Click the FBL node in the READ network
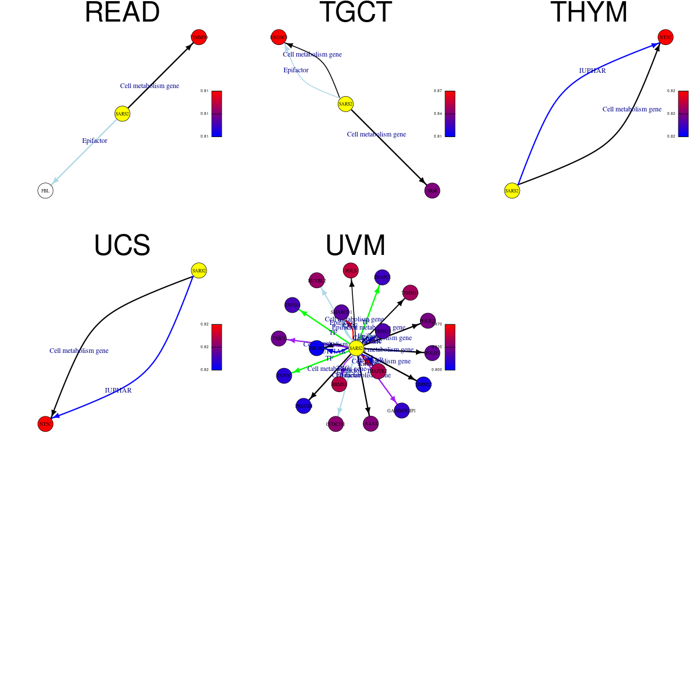point(45,191)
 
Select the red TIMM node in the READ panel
point(199,37)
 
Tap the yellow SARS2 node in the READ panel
point(122,114)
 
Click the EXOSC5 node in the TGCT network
point(279,37)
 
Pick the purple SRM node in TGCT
point(432,191)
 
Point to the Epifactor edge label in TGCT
point(296,70)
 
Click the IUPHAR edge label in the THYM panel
point(592,71)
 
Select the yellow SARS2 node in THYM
point(512,191)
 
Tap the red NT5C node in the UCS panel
point(45,424)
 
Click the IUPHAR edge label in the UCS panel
point(118,390)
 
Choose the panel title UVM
point(355,246)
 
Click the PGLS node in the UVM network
point(351,271)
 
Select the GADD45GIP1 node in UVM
point(401,411)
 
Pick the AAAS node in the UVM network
point(370,423)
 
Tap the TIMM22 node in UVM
point(423,384)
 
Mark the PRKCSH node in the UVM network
point(303,406)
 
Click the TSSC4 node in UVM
point(279,338)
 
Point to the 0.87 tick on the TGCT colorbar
point(437,91)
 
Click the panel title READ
point(122,13)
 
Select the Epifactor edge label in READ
point(94,141)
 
